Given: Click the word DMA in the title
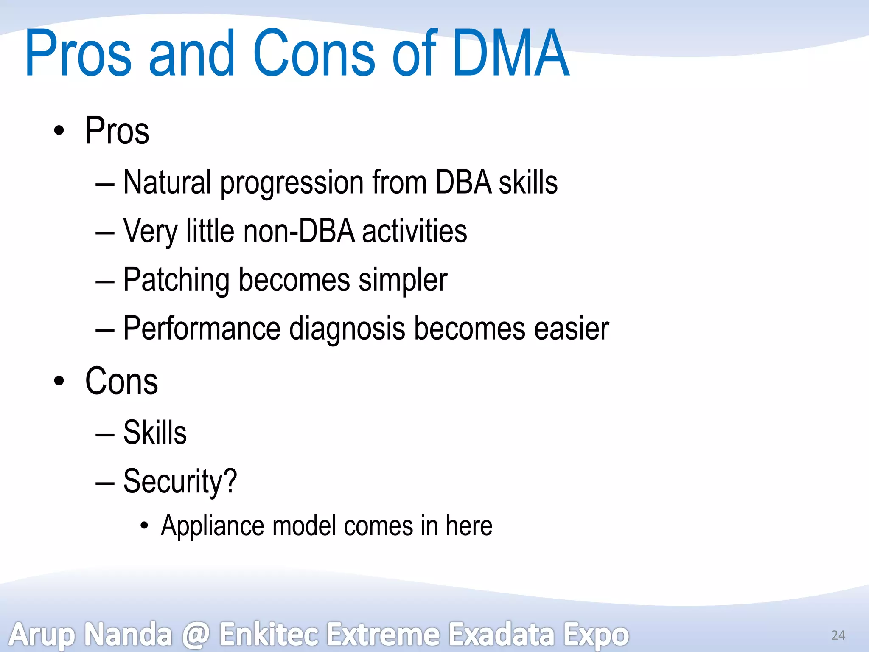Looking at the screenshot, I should coord(510,53).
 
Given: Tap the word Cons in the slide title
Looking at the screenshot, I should coord(314,53).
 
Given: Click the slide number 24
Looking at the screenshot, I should coord(838,635).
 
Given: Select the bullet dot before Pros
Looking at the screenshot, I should coord(59,131).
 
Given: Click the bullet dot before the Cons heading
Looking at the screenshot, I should coord(59,381).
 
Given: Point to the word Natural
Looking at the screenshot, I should coord(167,183).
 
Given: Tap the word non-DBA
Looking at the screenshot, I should coord(299,231).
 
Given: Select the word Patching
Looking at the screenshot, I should coord(176,280).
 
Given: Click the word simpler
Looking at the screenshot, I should coord(403,280).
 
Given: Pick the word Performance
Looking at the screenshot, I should coord(202,329).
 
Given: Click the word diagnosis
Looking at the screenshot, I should coord(347,329).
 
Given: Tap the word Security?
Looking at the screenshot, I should coord(180,481).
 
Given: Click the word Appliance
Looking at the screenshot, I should coord(212,526).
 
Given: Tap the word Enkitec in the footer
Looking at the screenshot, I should coord(269,634).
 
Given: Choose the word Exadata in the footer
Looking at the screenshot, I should coord(502,634).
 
